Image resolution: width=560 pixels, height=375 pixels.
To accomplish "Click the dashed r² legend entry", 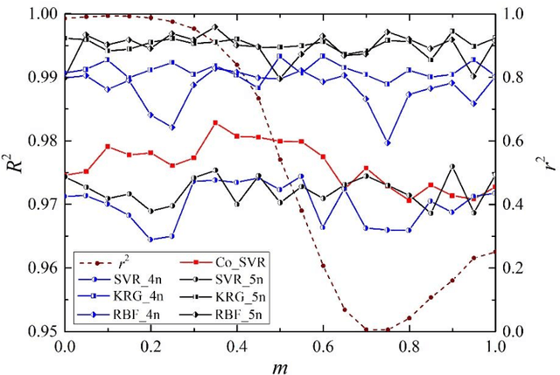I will click(x=122, y=260).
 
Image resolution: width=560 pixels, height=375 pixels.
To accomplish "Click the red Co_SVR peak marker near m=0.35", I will click(x=215, y=123).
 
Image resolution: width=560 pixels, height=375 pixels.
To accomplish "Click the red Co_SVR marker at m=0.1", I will click(x=108, y=147).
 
